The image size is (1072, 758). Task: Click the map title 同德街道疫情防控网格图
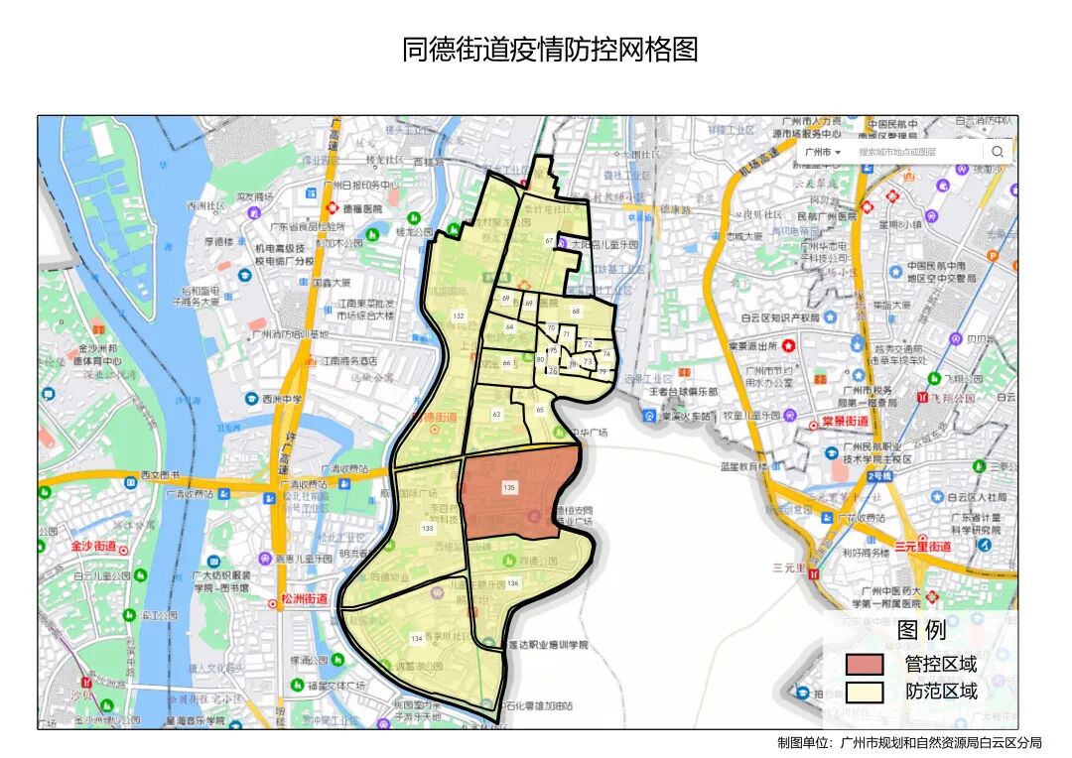[x=550, y=50]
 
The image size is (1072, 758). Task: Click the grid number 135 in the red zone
[x=509, y=487]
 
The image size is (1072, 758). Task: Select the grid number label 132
[x=458, y=316]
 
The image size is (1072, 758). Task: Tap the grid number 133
[x=427, y=529]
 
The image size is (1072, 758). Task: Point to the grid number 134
[x=416, y=638]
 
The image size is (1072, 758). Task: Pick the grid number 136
[x=512, y=583]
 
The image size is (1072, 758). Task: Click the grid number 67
[x=549, y=241]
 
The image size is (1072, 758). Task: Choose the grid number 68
[x=576, y=312]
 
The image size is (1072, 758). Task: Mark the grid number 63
[x=496, y=413]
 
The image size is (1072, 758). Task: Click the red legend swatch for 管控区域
[x=864, y=664]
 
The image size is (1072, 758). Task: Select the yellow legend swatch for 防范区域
[x=864, y=692]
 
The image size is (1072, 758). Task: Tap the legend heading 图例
[x=921, y=630]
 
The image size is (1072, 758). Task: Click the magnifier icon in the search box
[x=997, y=152]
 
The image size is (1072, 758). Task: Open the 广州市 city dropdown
[x=823, y=152]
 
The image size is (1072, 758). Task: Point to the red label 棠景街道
[x=845, y=421]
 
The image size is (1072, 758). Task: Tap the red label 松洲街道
[x=304, y=599]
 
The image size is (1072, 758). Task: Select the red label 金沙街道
[x=93, y=547]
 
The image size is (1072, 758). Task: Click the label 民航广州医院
[x=827, y=216]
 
